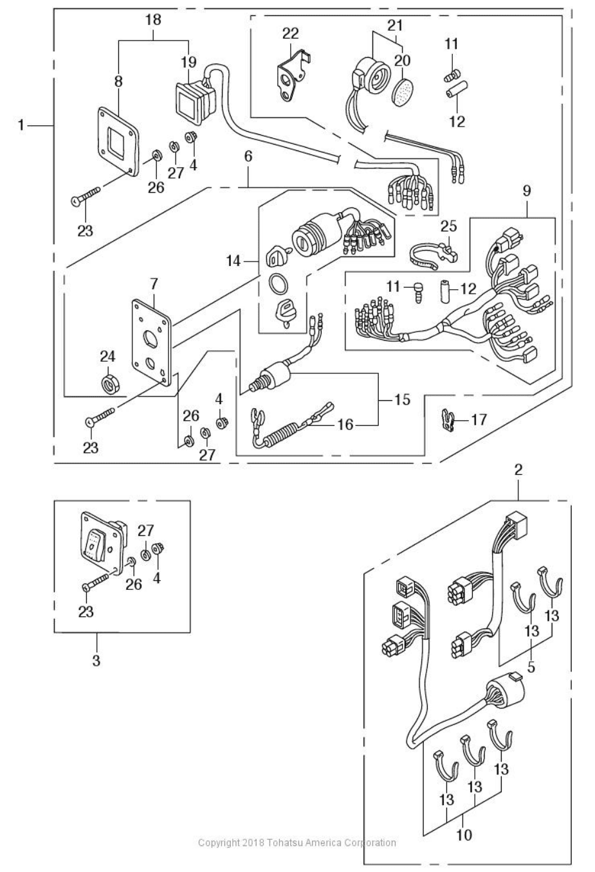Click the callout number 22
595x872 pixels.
click(x=291, y=33)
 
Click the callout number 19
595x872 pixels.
click(x=188, y=62)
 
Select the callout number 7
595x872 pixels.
click(x=153, y=283)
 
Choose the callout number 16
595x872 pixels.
click(x=346, y=424)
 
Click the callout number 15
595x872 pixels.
click(x=402, y=400)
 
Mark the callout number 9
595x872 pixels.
click(x=527, y=191)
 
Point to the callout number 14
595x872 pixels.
click(x=233, y=261)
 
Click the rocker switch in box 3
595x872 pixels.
click(x=94, y=543)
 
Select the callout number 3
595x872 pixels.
click(x=96, y=660)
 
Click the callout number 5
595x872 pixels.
click(x=531, y=667)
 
